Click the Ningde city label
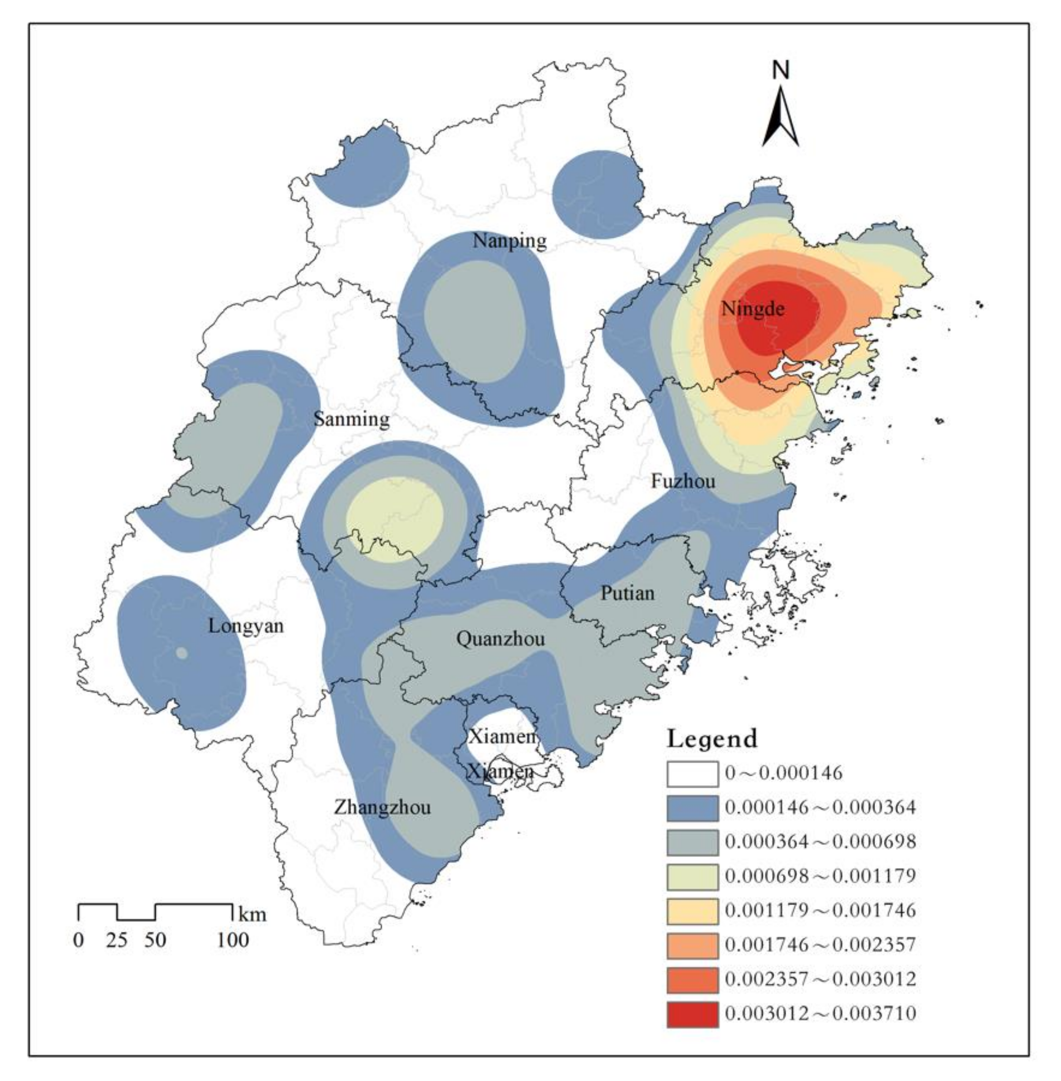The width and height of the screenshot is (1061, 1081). click(x=753, y=309)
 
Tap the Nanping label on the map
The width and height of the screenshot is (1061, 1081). click(x=509, y=241)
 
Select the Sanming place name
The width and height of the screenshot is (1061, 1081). click(x=351, y=419)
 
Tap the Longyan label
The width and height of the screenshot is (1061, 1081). click(x=246, y=626)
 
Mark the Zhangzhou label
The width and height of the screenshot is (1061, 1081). click(x=382, y=807)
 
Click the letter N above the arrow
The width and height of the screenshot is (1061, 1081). click(x=781, y=71)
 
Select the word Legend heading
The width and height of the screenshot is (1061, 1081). click(x=712, y=739)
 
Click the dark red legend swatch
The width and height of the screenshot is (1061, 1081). click(x=692, y=1013)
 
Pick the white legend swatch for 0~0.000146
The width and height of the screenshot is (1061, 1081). click(x=692, y=773)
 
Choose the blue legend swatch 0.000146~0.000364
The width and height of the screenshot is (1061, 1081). click(x=692, y=808)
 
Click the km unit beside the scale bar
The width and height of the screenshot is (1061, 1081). click(x=252, y=915)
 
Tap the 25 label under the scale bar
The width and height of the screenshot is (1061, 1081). click(x=117, y=940)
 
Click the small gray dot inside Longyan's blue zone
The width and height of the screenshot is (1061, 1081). click(x=182, y=653)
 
